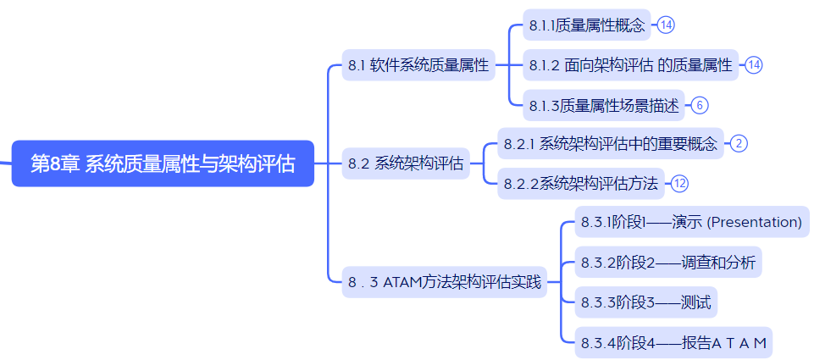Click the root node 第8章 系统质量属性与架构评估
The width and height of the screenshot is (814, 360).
click(x=163, y=163)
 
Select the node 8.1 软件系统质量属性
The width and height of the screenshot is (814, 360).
click(x=418, y=65)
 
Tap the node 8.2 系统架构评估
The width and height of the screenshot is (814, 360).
click(x=406, y=163)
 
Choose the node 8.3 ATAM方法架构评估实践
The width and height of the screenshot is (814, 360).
click(x=445, y=282)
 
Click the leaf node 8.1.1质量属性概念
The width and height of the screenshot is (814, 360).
click(x=587, y=25)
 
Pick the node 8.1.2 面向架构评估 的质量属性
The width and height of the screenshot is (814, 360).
click(x=631, y=65)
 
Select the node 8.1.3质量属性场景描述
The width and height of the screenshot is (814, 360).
click(x=604, y=105)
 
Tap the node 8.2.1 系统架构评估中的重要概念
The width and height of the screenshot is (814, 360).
click(x=611, y=143)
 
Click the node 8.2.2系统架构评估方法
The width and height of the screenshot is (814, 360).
click(x=581, y=183)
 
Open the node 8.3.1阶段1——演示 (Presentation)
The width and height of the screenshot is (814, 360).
click(x=692, y=222)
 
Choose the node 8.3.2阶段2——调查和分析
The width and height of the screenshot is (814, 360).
click(x=668, y=263)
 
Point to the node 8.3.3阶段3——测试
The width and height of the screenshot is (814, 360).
click(x=645, y=302)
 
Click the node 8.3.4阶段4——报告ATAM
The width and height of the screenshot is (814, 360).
click(x=673, y=342)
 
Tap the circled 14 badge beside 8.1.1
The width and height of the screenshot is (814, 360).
click(x=666, y=25)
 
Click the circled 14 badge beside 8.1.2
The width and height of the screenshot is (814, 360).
click(x=754, y=65)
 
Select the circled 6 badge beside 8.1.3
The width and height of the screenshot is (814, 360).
click(x=700, y=105)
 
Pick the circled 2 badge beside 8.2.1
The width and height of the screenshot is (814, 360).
click(x=739, y=143)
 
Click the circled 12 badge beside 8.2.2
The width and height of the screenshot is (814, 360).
click(x=679, y=183)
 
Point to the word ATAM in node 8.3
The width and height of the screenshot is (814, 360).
click(x=401, y=283)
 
